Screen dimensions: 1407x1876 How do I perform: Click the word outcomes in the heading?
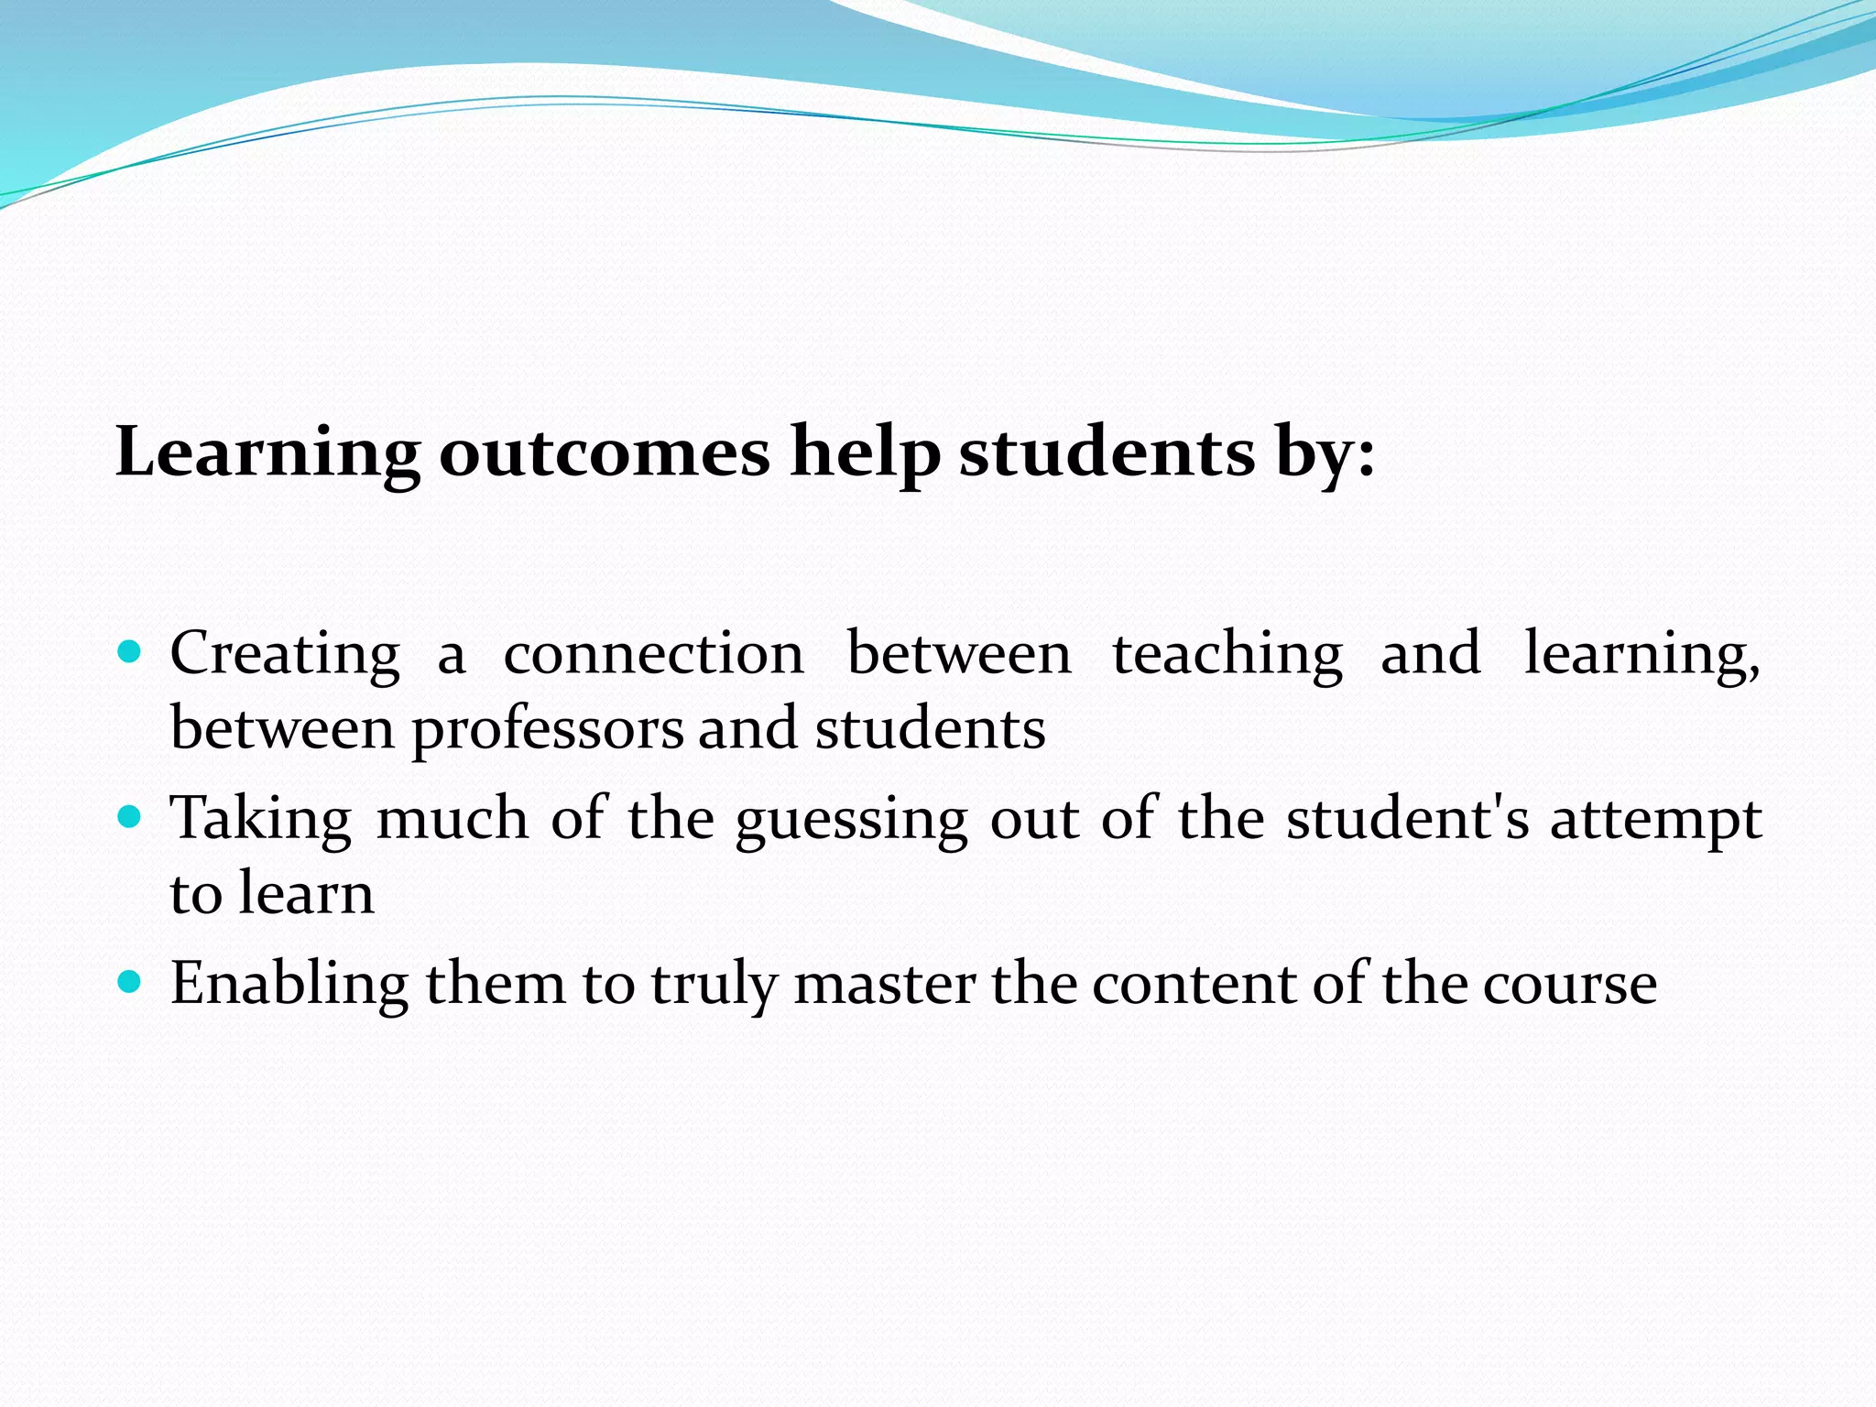click(x=605, y=453)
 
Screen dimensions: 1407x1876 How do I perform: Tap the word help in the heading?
click(x=865, y=453)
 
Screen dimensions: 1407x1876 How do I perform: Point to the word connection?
click(x=653, y=654)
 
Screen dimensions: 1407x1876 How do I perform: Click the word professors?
click(x=547, y=731)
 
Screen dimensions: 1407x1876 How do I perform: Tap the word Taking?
click(x=261, y=819)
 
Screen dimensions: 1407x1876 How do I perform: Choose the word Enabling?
click(x=289, y=985)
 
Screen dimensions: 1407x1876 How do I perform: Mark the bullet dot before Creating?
click(x=130, y=652)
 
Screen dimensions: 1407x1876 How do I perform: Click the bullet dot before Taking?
click(x=130, y=816)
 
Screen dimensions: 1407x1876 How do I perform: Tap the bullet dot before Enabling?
click(x=130, y=983)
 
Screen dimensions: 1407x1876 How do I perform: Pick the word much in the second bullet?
click(x=452, y=817)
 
